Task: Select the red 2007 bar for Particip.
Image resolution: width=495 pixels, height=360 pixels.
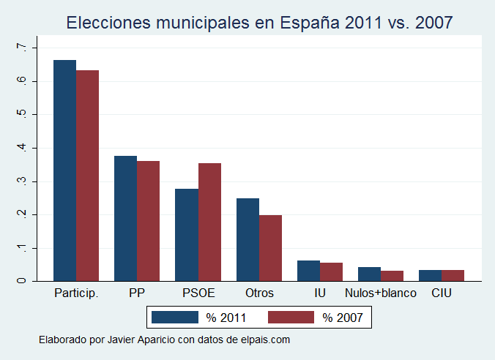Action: coord(87,175)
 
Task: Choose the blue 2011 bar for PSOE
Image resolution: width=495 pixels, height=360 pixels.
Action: coord(187,234)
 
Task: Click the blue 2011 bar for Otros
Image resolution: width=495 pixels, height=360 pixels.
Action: coord(247,239)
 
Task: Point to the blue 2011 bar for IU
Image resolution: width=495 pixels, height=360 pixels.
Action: coord(308,270)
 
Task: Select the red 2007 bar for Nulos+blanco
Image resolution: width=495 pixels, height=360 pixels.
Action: coord(392,275)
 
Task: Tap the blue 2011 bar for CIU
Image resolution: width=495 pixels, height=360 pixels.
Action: coord(430,274)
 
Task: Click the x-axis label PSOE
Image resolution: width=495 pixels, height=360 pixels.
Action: coord(198,293)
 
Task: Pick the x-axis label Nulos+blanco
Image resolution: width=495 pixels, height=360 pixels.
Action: coord(380,293)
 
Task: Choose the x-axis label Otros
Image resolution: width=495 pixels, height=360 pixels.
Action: coord(259,293)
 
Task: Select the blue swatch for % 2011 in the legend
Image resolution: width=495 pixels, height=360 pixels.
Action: coord(175,317)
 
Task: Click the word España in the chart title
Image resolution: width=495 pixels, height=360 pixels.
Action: coord(309,23)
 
